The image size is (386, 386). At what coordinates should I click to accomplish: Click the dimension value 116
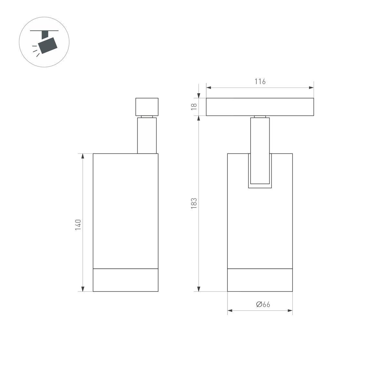point(260,81)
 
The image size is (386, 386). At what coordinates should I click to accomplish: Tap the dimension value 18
point(194,107)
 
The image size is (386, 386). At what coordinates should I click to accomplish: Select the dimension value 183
point(194,204)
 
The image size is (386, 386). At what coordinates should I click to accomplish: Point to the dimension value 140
point(78,224)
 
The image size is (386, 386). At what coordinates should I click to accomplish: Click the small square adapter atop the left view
point(147,106)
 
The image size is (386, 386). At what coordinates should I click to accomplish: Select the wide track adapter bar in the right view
point(260,107)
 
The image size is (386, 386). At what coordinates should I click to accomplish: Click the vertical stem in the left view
point(147,135)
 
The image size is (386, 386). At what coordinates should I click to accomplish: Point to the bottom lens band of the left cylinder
point(125,280)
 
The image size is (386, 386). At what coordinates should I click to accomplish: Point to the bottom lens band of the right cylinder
point(260,280)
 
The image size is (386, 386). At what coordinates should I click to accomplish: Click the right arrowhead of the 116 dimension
point(311,87)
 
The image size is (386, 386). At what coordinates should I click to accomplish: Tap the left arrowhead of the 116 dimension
point(208,87)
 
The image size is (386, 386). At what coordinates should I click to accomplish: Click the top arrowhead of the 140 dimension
point(83,156)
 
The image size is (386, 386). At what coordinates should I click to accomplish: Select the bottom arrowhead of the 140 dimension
point(83,289)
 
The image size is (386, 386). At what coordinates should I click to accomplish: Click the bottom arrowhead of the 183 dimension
point(199,289)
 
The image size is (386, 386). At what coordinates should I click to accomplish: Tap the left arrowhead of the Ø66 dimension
point(230,311)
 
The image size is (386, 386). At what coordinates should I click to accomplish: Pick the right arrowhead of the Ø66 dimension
point(290,311)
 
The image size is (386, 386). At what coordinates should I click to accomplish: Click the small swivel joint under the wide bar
point(260,117)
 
